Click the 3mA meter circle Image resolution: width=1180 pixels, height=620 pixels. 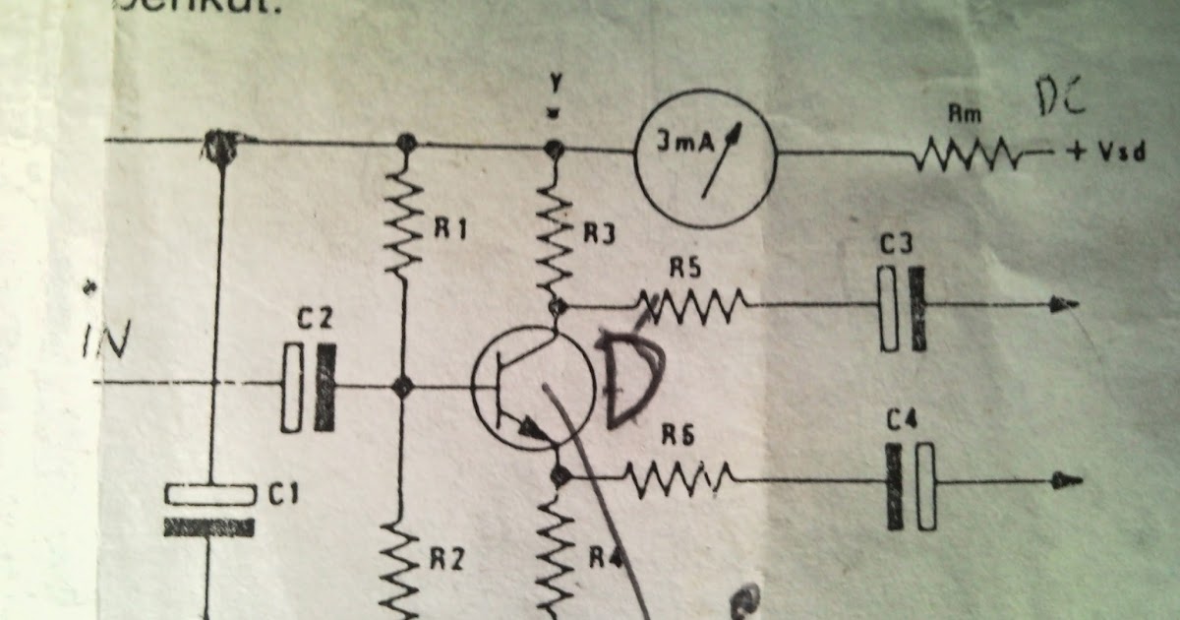point(704,153)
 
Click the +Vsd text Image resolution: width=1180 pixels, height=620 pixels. point(1106,155)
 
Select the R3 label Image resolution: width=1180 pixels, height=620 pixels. point(600,234)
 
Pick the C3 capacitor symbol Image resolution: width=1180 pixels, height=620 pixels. point(903,307)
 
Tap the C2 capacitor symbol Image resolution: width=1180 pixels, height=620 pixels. point(308,387)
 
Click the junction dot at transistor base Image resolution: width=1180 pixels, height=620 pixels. point(400,387)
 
